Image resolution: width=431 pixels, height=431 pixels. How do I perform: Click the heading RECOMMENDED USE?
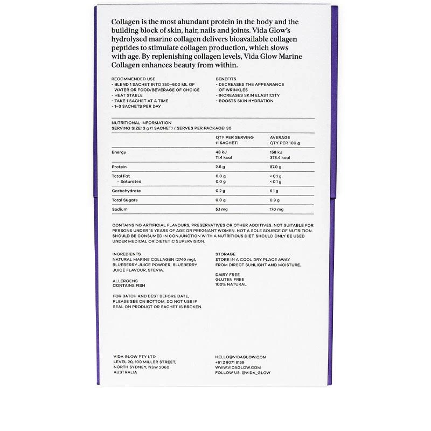(129, 79)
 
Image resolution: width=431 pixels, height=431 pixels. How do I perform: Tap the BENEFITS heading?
(226, 79)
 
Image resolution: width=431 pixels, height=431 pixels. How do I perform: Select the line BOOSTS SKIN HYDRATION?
(245, 101)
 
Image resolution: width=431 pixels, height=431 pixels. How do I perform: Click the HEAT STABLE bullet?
(127, 95)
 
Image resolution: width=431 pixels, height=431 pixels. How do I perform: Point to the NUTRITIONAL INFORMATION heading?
(141, 123)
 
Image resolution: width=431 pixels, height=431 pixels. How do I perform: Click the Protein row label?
(119, 167)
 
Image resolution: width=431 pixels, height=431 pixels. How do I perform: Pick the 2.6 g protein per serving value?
(221, 167)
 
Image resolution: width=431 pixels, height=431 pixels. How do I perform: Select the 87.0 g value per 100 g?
(276, 167)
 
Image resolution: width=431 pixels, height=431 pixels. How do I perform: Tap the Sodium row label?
(120, 209)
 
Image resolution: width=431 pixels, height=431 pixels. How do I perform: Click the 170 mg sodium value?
(276, 209)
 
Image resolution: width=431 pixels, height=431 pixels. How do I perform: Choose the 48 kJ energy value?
(221, 152)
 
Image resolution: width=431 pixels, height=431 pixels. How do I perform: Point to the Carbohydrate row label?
(126, 191)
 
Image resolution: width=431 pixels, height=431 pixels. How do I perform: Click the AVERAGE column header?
(280, 137)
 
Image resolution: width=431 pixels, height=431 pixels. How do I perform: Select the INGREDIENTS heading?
(127, 254)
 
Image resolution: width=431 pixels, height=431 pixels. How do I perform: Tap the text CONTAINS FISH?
(129, 286)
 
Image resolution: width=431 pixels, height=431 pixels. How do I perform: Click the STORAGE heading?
(225, 254)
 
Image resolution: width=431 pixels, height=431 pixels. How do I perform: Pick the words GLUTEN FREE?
(230, 280)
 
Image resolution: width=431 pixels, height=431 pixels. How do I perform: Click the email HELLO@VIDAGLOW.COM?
(241, 357)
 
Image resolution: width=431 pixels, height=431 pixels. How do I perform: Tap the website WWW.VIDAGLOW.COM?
(238, 367)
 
